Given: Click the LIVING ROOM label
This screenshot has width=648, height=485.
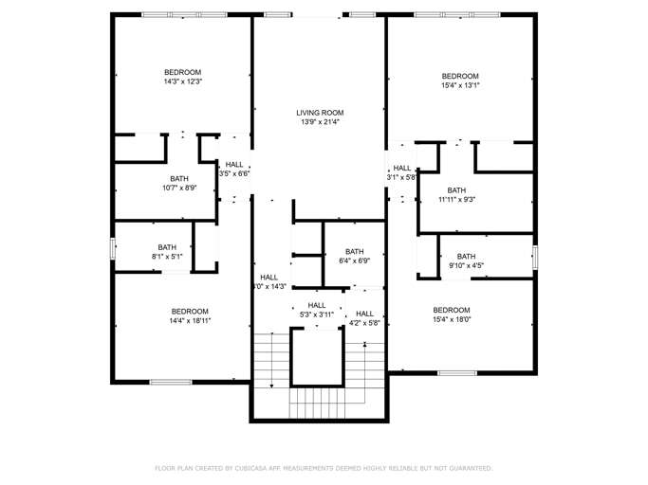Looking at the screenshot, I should click(x=319, y=113).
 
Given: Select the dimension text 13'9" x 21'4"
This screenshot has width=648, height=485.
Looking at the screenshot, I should click(x=319, y=122).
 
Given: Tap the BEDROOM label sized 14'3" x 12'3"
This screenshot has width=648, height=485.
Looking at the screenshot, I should click(x=182, y=72).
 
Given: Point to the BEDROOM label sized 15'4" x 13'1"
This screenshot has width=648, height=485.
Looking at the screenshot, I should click(x=460, y=76).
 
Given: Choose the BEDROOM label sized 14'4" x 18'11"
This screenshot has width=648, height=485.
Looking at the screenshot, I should click(x=190, y=312).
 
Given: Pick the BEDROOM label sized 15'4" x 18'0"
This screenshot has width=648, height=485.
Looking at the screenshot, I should click(x=452, y=310).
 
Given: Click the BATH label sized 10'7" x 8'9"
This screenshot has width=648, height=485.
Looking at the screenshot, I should click(x=179, y=178).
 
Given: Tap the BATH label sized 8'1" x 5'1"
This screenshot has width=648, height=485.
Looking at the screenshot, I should click(x=167, y=247).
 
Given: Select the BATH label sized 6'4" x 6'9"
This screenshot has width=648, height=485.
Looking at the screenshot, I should click(x=354, y=251).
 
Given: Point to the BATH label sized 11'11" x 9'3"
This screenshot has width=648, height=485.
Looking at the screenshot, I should click(x=456, y=189).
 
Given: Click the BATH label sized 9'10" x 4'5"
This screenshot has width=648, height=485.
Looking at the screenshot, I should click(x=466, y=256).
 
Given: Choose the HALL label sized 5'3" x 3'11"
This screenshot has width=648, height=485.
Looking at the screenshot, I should click(x=317, y=305).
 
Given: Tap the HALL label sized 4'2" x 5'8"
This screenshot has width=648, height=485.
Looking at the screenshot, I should click(x=364, y=314).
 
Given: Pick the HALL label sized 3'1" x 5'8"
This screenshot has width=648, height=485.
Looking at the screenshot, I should click(x=402, y=168).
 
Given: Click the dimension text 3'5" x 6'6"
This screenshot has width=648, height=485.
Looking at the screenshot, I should click(x=234, y=173).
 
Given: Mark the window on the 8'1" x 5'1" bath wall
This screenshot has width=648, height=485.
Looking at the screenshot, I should click(x=114, y=247).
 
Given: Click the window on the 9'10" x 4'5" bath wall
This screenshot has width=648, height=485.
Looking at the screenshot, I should click(x=535, y=256).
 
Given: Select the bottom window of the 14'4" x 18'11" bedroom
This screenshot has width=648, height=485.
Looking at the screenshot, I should click(x=171, y=382).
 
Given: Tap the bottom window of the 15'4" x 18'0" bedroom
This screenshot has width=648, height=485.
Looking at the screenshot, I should click(x=457, y=373).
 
